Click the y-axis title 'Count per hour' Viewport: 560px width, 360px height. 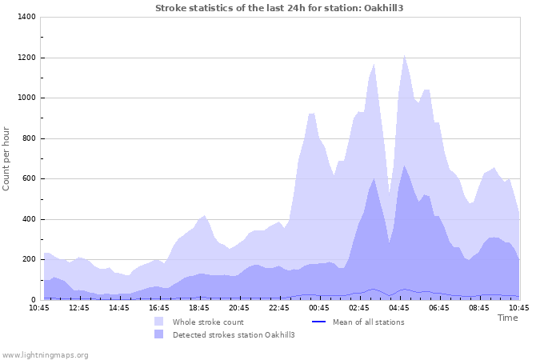pyautogui.click(x=7, y=158)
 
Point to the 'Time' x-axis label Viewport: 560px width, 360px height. pyautogui.click(x=507, y=318)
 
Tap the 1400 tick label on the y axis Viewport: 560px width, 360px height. pyautogui.click(x=26, y=18)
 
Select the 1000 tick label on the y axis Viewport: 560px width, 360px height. pyautogui.click(x=26, y=98)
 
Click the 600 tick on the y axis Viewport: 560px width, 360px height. pyautogui.click(x=28, y=179)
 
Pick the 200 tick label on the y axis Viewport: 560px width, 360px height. pyautogui.click(x=28, y=259)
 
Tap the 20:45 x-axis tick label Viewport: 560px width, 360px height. pyautogui.click(x=240, y=307)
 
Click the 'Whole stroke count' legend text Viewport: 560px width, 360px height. pyautogui.click(x=207, y=322)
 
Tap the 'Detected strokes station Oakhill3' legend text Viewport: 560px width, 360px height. pyautogui.click(x=234, y=334)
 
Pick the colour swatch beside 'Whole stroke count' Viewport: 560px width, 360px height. pyautogui.click(x=159, y=322)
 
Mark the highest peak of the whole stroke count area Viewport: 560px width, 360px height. pyautogui.click(x=405, y=55)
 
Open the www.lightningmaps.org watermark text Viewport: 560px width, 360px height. pyautogui.click(x=45, y=354)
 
